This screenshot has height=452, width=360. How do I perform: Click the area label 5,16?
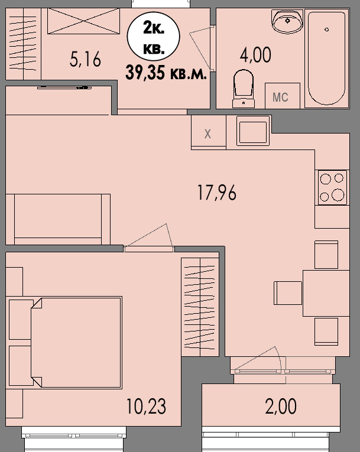[86, 60]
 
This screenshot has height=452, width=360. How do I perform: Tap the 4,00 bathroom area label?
[255, 55]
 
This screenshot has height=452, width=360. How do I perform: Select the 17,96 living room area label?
[217, 193]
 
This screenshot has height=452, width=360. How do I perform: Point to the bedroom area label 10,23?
[146, 406]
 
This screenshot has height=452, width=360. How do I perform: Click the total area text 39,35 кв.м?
[168, 73]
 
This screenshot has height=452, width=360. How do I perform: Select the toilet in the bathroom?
[243, 89]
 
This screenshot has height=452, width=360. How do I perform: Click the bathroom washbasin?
[287, 21]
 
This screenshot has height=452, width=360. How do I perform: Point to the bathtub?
[326, 58]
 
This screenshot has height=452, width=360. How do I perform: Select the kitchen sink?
[253, 131]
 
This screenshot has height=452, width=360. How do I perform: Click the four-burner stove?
[332, 187]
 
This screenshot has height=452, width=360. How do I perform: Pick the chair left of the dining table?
[287, 292]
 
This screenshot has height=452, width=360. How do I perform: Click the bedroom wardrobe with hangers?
[200, 307]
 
